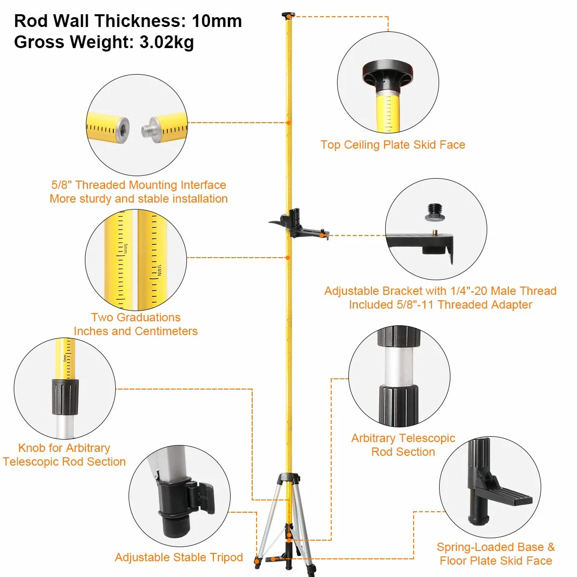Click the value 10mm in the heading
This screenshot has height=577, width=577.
217,21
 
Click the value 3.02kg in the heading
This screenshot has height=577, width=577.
166,42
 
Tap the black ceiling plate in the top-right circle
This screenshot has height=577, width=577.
388,73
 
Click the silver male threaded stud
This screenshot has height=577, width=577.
150,129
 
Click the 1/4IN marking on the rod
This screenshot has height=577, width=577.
159,270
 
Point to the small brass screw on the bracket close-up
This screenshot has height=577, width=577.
435,232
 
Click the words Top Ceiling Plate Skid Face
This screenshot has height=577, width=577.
393,145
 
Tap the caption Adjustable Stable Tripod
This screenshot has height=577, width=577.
179,557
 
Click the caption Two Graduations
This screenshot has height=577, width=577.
136,317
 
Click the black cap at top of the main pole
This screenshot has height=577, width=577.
288,16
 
